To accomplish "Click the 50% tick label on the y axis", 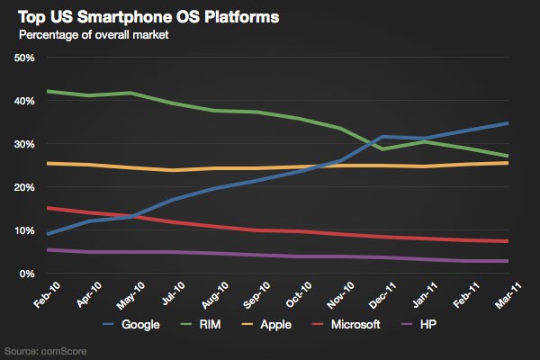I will click(x=24, y=58).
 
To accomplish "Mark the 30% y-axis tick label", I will click(x=24, y=144).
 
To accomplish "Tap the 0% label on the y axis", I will click(x=27, y=274).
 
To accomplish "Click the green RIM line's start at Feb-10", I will click(x=47, y=91).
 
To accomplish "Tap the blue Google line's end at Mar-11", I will click(x=508, y=123).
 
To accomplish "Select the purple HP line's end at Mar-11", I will click(x=508, y=261).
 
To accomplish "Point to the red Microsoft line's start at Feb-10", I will click(x=47, y=208).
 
